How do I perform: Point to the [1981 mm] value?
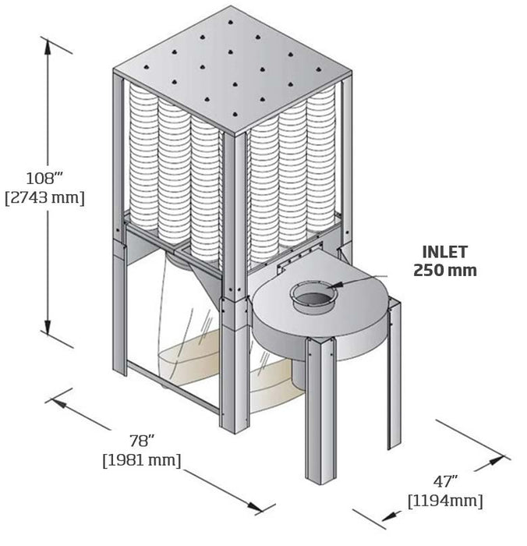tap(142, 461)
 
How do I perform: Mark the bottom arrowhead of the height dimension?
tap(48, 331)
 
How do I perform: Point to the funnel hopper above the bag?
tap(187, 261)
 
